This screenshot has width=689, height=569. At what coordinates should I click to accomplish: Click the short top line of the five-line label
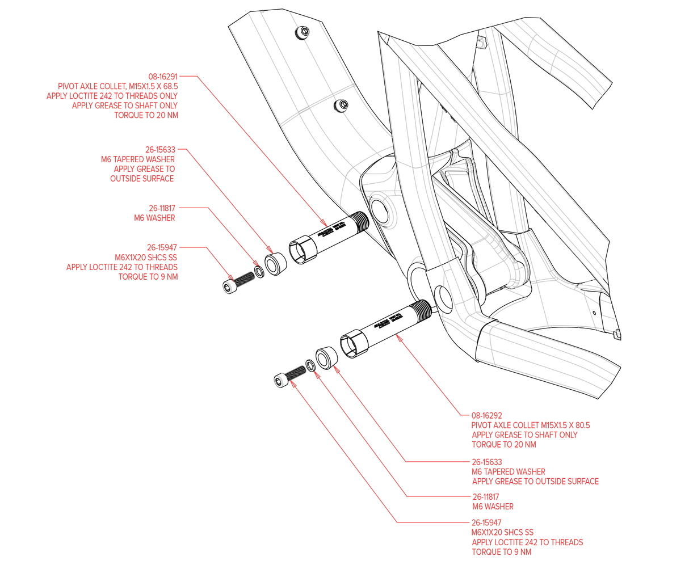point(163,75)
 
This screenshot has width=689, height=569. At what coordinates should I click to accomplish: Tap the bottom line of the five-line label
point(147,115)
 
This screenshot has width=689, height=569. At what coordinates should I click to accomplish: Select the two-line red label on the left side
point(154,213)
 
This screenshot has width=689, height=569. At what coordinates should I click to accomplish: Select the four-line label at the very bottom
point(526,537)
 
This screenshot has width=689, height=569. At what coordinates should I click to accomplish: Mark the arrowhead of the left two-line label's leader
point(257,262)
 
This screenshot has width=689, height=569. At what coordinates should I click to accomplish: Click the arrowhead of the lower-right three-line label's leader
point(337,369)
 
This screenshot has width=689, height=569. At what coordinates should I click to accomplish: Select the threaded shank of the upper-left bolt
point(245,277)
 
